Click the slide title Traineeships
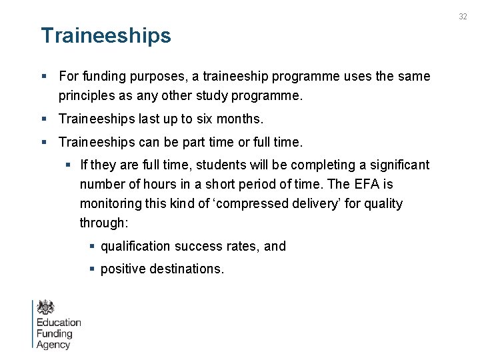pos(106,35)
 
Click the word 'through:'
pos(104,223)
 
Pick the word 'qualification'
pos(135,246)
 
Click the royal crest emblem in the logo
pos(46,307)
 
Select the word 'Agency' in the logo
pos(53,345)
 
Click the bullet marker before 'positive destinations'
pos(93,269)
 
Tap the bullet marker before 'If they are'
pos(69,165)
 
